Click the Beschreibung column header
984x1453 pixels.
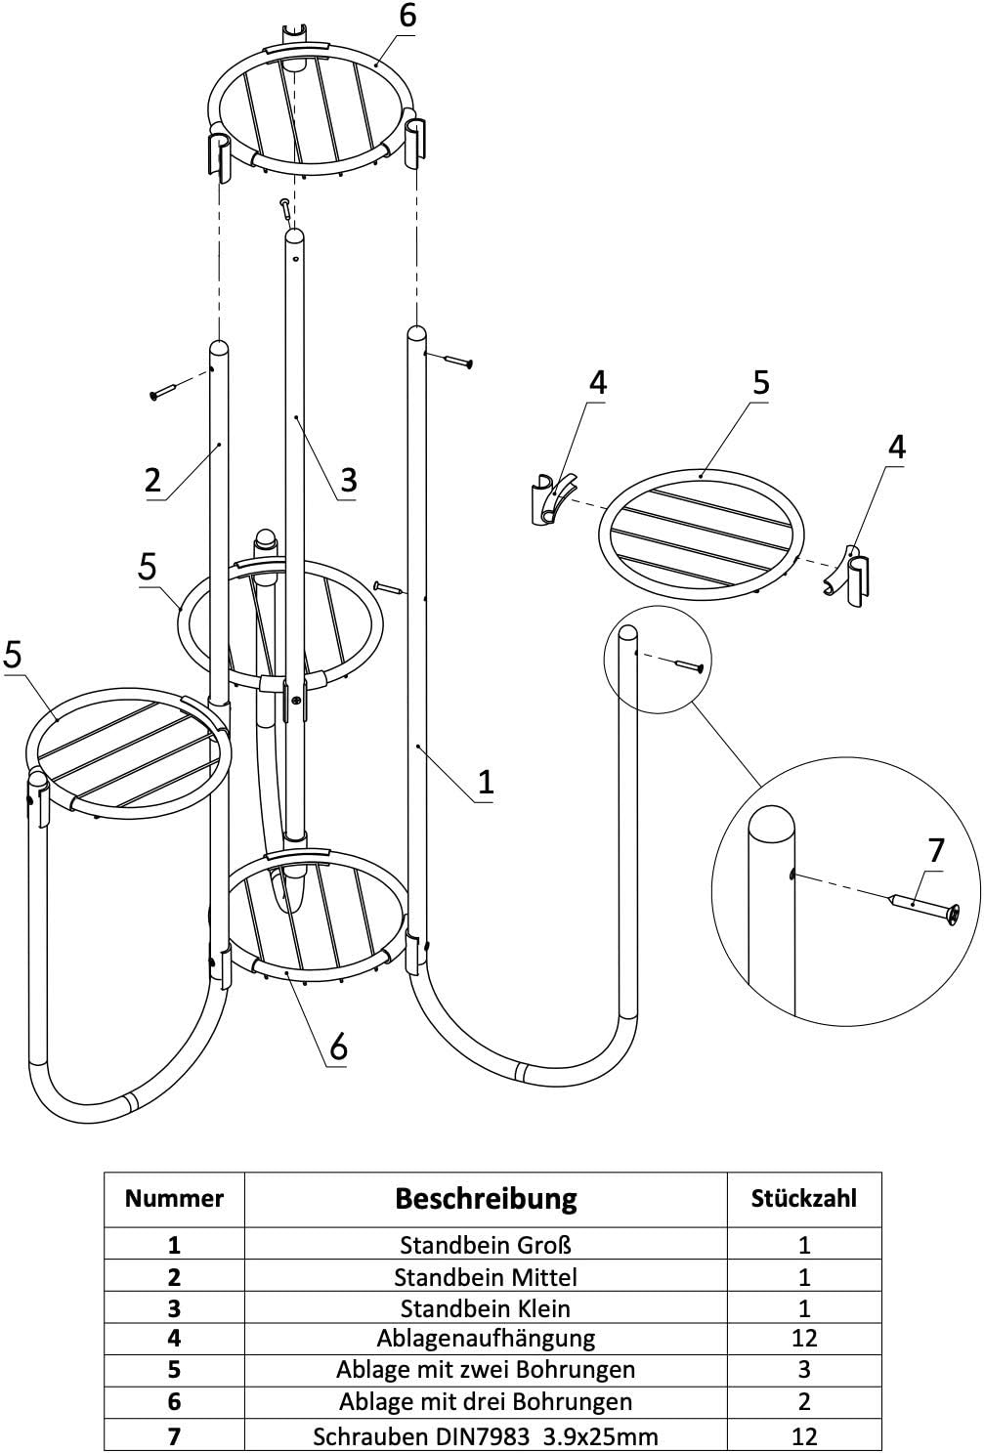click(486, 1199)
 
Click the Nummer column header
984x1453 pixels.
click(174, 1199)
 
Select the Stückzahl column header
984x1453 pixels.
click(803, 1199)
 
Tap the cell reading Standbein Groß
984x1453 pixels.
click(486, 1246)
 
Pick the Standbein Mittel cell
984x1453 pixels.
click(486, 1277)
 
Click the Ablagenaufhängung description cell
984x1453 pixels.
click(486, 1339)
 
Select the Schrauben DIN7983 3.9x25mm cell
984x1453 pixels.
click(486, 1436)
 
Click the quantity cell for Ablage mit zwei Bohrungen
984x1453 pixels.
click(803, 1369)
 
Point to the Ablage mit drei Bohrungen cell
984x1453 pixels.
click(486, 1402)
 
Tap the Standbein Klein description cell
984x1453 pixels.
click(486, 1308)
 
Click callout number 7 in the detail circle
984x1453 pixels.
click(935, 850)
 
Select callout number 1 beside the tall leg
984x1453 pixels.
click(486, 782)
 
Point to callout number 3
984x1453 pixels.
click(349, 480)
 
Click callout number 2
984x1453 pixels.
click(152, 480)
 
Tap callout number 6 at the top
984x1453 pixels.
click(406, 16)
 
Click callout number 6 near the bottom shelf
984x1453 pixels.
click(338, 1047)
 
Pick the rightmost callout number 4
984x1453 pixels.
click(896, 447)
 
